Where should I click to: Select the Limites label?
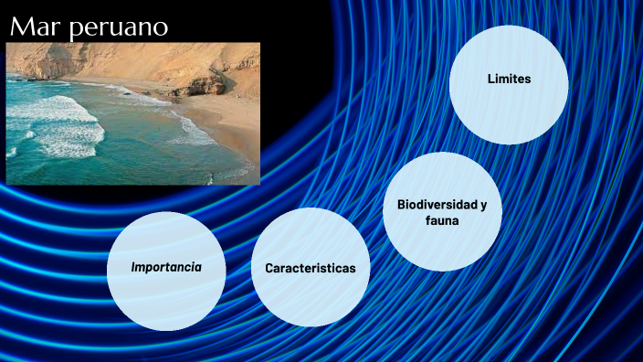(509, 80)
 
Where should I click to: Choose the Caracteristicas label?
(310, 269)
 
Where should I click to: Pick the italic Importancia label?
(166, 268)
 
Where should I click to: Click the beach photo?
(133, 113)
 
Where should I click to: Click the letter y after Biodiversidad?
(497, 205)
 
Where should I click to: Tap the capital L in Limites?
(490, 80)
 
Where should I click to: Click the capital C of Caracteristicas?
(269, 269)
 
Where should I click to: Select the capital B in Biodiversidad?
(400, 204)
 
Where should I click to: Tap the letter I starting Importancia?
(133, 268)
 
